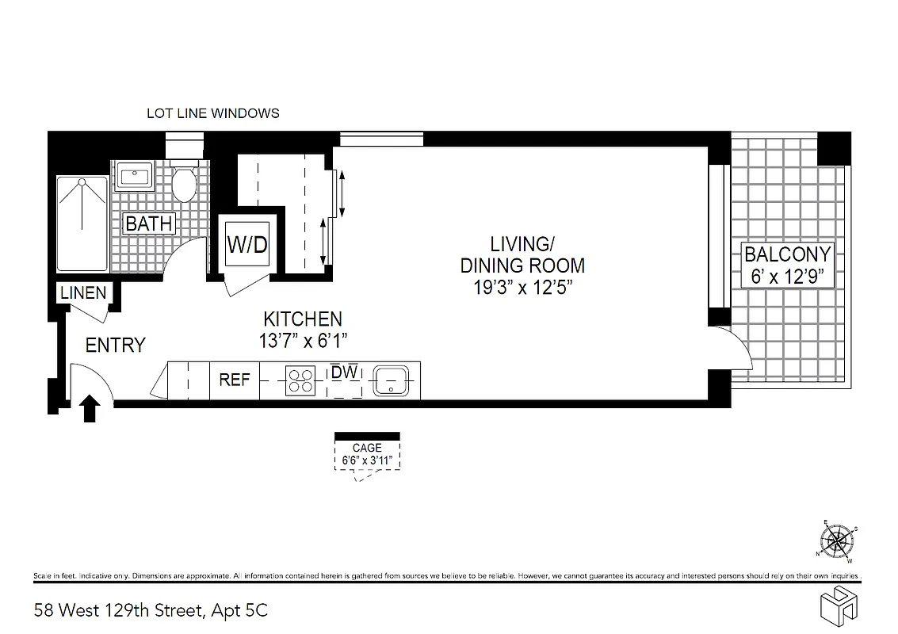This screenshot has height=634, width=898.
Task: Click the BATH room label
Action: pos(149,223)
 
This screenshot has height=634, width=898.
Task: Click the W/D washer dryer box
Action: pos(247,245)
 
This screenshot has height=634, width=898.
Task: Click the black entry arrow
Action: pos(90,408)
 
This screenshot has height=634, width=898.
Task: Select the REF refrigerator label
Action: pos(235,380)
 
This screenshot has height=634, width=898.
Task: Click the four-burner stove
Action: pos(301,380)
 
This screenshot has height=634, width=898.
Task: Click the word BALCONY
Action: pos(787,254)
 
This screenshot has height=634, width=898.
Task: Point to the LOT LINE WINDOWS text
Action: pos(213,113)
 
